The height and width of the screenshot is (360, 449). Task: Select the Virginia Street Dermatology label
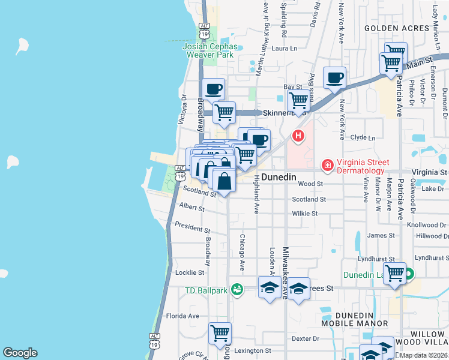[363, 167]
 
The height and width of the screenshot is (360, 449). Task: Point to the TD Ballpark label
[206, 291]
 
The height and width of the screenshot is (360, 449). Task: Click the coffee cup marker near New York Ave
[334, 78]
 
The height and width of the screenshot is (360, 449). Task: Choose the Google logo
[20, 353]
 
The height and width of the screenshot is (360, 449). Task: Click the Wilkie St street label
[305, 214]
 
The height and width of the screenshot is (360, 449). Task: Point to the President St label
[192, 228]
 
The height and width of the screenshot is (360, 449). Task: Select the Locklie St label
[190, 272]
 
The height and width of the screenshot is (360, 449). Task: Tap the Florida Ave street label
[182, 316]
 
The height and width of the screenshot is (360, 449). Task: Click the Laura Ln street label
[285, 49]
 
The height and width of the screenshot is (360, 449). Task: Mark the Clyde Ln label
[363, 137]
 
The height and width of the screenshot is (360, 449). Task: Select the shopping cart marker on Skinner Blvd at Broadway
[224, 112]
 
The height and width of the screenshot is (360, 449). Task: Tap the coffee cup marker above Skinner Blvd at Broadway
[214, 89]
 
